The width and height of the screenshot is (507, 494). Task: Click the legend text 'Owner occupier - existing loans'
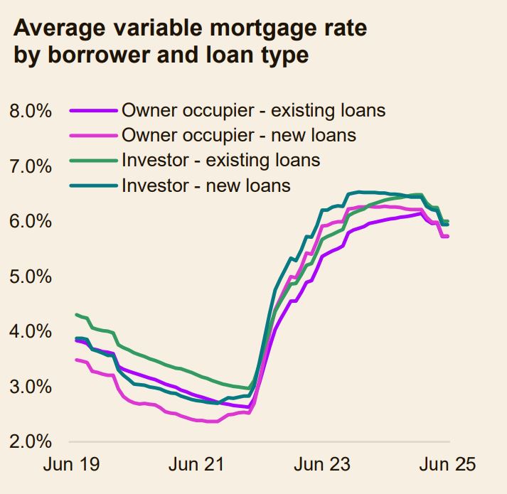coord(254,110)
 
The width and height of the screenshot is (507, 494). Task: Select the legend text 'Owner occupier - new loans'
coord(239,135)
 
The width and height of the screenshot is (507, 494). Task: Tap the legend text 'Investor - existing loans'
coord(221,160)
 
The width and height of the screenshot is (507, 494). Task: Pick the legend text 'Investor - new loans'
coord(206,186)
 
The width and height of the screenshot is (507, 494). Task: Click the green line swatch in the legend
coord(92,161)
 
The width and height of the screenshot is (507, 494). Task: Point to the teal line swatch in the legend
coord(92,186)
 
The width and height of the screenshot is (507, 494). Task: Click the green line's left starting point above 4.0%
coord(76,314)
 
